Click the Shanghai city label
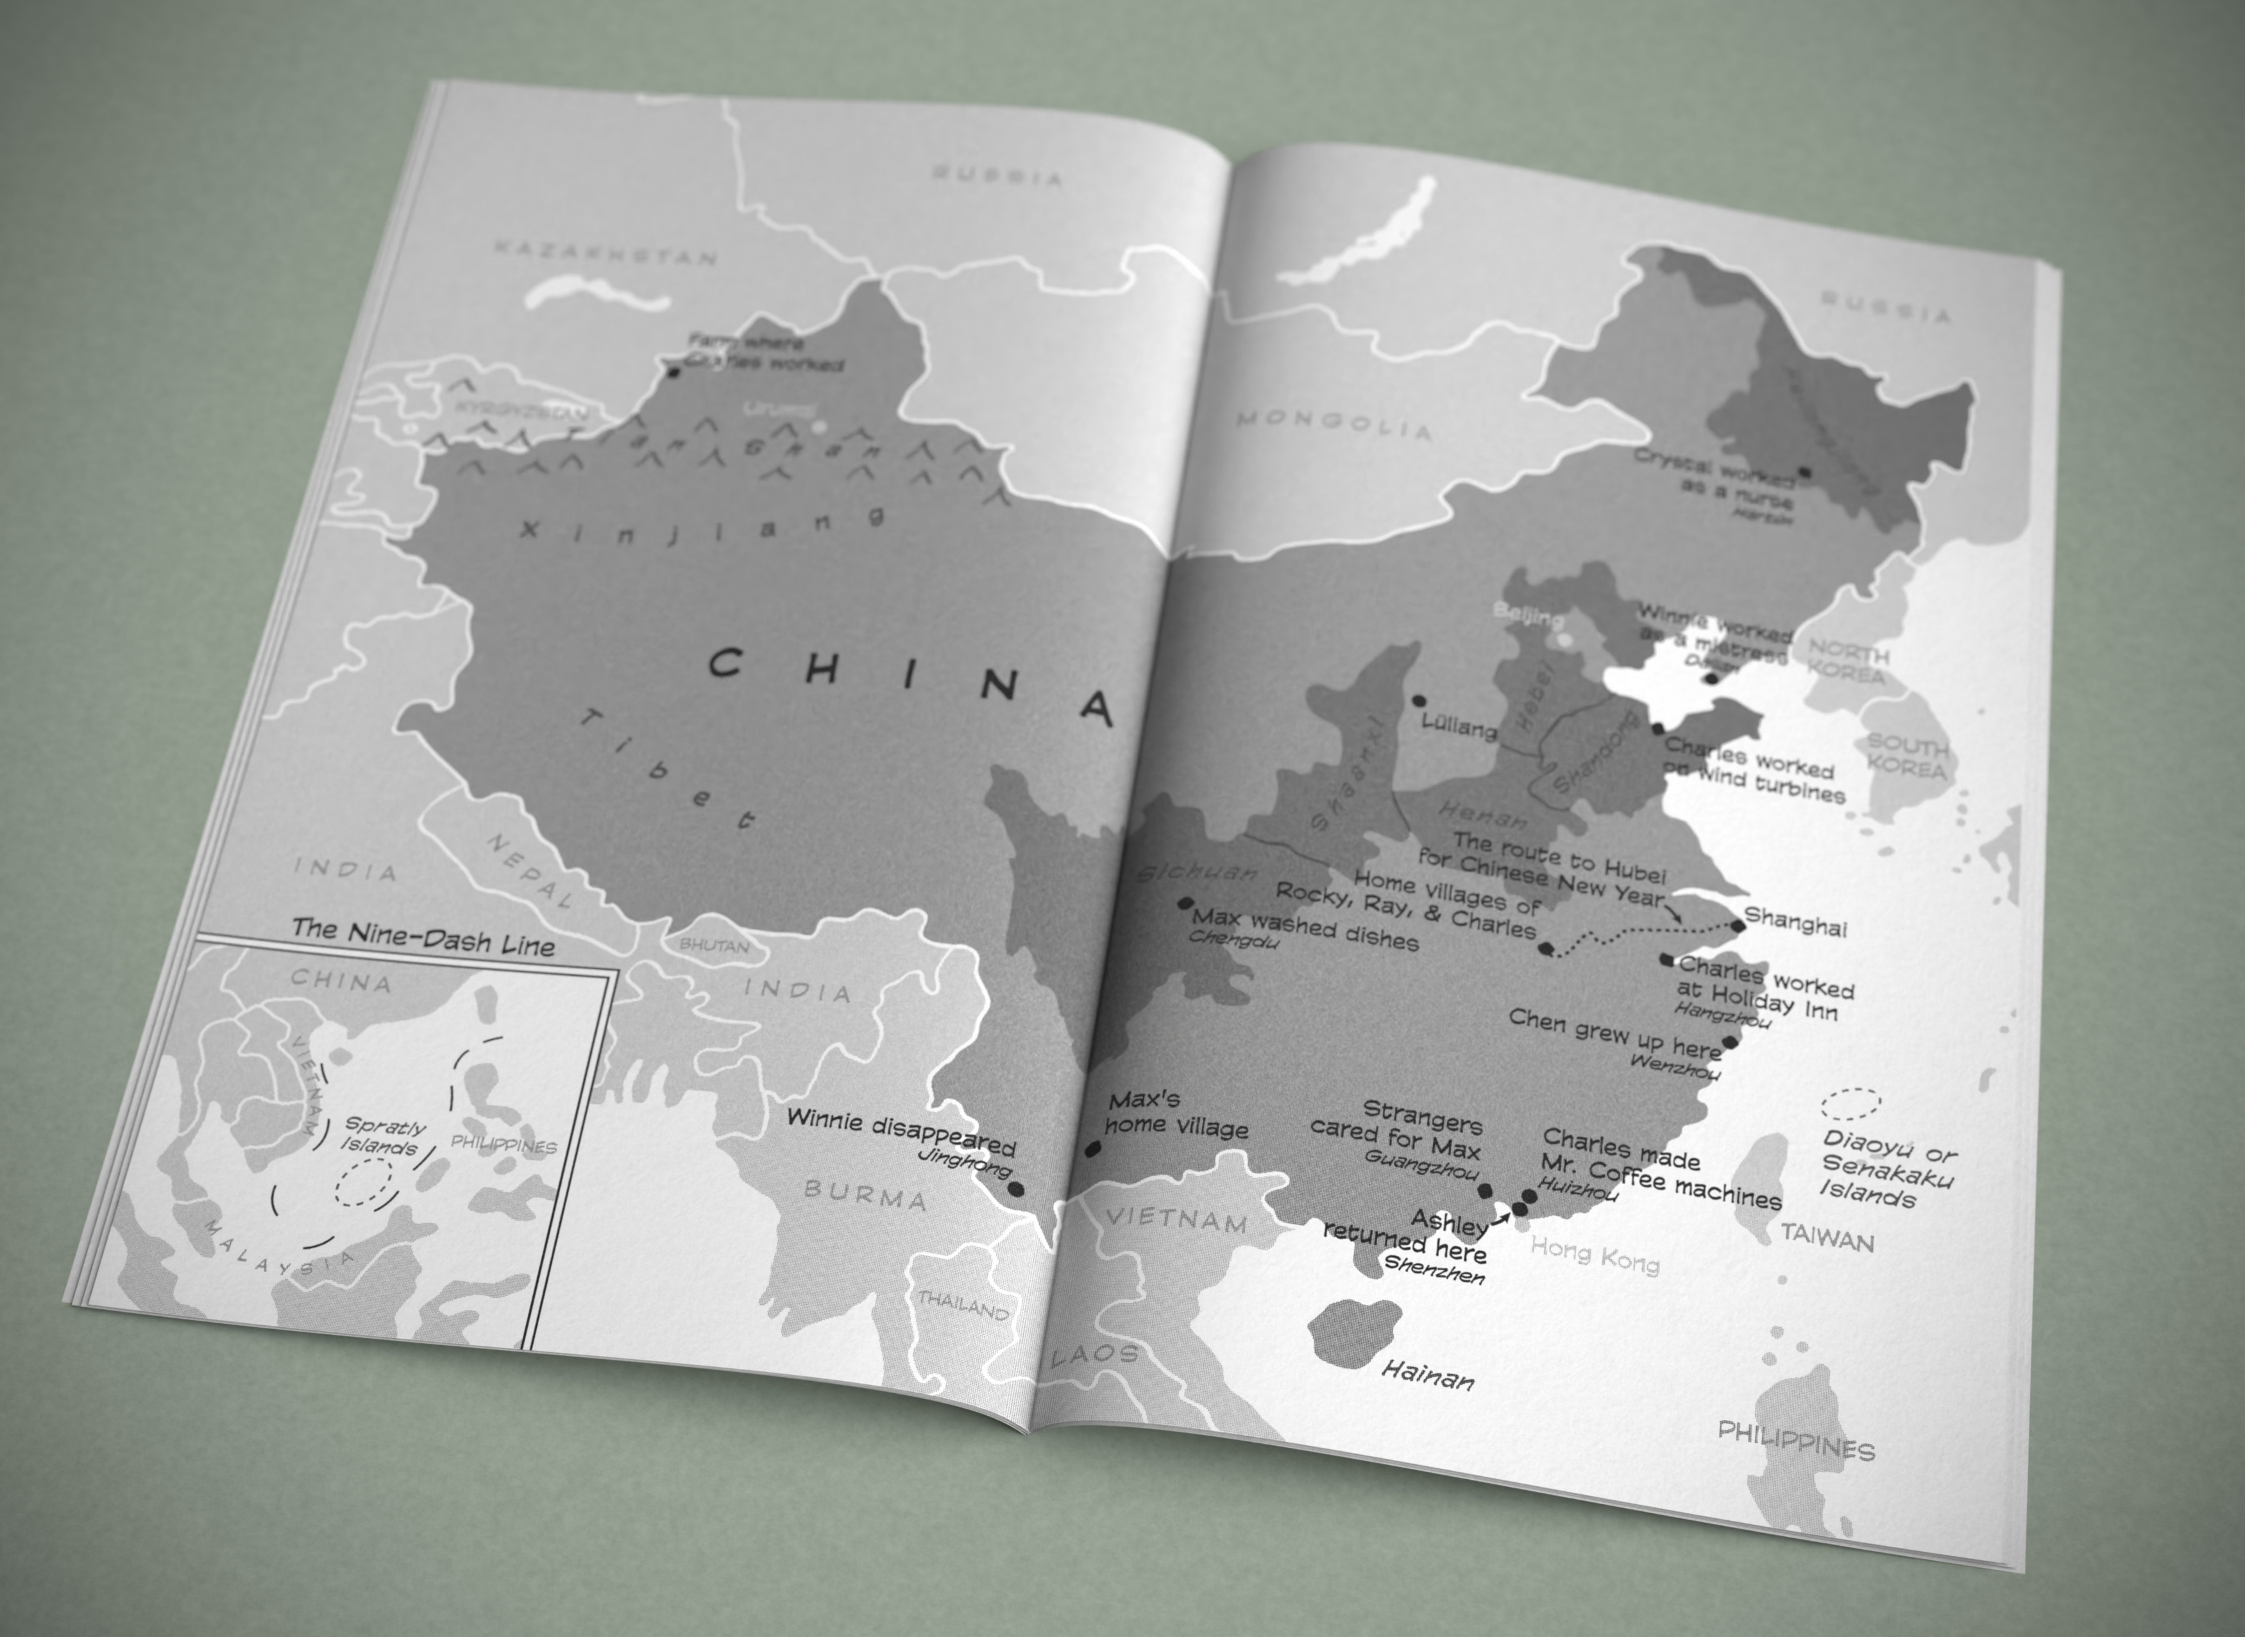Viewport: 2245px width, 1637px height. click(x=1795, y=924)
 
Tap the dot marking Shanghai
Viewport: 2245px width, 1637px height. click(x=1738, y=926)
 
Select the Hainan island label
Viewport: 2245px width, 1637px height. click(x=1427, y=1375)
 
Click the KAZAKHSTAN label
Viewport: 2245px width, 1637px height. click(x=604, y=251)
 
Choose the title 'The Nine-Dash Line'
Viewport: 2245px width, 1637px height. click(x=423, y=937)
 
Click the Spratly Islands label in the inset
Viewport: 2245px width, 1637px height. click(x=382, y=1137)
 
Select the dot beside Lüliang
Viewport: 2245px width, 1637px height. click(x=1419, y=700)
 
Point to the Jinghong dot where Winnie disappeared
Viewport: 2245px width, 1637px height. click(x=1015, y=1189)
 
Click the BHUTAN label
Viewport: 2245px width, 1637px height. click(x=713, y=946)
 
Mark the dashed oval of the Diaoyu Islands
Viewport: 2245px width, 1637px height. click(x=1851, y=1103)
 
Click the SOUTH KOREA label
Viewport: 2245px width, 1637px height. click(x=1906, y=756)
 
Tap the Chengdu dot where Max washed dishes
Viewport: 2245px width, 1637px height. click(x=1185, y=903)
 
